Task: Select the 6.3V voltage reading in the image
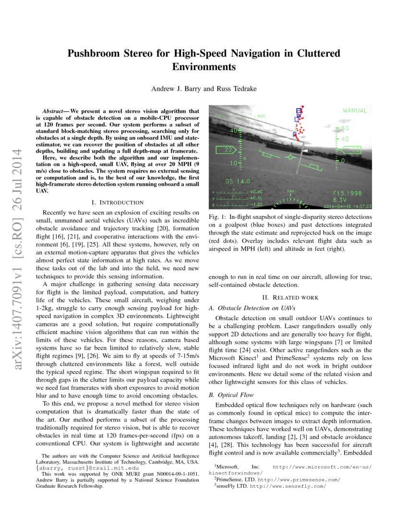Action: (x=341, y=199)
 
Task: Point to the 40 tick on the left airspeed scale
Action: (x=234, y=131)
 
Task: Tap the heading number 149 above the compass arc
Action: (x=290, y=192)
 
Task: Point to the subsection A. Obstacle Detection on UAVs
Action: (x=252, y=308)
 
